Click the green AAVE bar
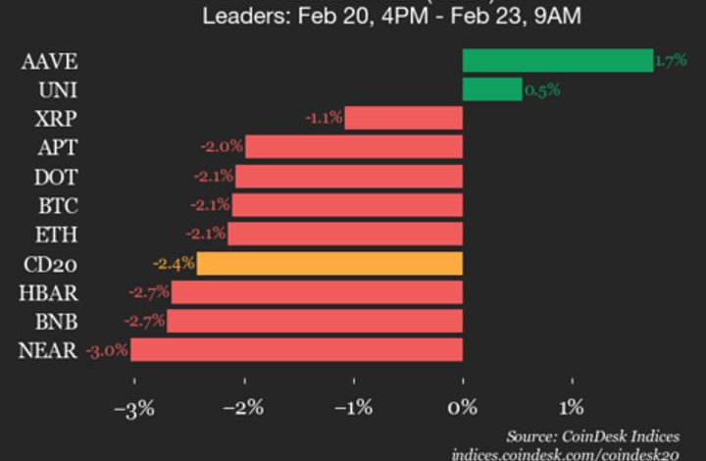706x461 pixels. (x=557, y=61)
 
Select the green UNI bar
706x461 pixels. (x=491, y=90)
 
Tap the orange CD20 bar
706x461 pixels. (x=329, y=264)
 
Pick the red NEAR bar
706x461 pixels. (x=296, y=350)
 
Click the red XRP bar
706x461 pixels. (x=403, y=119)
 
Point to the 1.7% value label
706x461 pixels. (x=671, y=61)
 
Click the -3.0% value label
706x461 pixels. (x=107, y=350)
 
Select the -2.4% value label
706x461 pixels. (x=173, y=264)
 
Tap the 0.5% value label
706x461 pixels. (x=542, y=90)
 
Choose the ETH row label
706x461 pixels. (x=56, y=234)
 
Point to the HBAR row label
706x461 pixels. (x=48, y=292)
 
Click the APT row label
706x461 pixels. (x=56, y=148)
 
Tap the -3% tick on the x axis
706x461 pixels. (x=135, y=407)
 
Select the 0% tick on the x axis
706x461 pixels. (x=463, y=407)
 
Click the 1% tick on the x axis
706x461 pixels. (x=572, y=407)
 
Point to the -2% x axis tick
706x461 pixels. (x=244, y=407)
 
